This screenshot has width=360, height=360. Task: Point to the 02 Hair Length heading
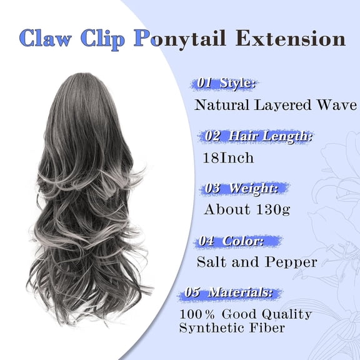tap(258, 136)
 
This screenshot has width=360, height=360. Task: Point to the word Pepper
tap(291, 262)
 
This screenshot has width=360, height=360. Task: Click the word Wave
tap(334, 104)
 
